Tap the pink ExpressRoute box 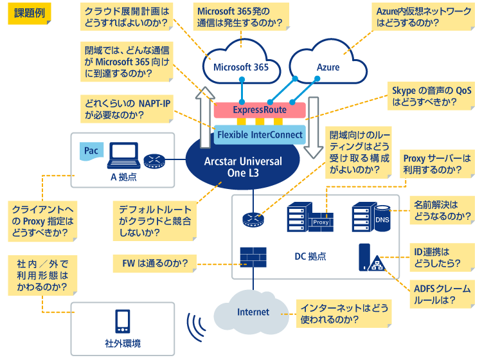[x=260, y=110]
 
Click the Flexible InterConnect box [x=260, y=134]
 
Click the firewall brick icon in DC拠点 [x=253, y=256]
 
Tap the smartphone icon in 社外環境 [x=122, y=321]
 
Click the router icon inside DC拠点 [x=253, y=219]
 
